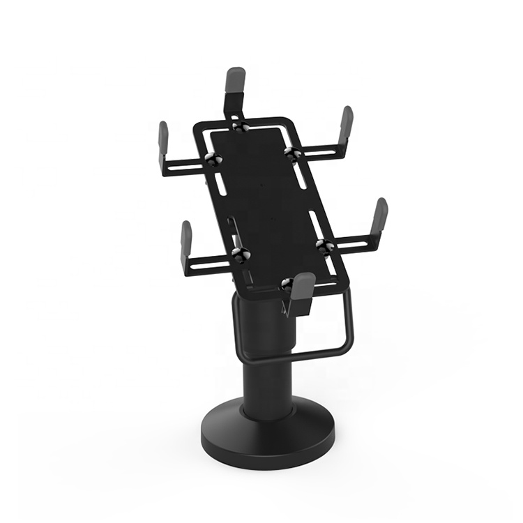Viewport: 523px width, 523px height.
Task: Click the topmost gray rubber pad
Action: coord(236,82)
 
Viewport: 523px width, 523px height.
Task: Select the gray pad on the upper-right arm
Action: coord(346,123)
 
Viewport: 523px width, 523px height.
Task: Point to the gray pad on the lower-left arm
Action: coord(186,237)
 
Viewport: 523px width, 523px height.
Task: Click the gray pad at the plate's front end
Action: coord(303,285)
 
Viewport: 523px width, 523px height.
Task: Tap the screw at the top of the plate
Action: coord(240,126)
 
